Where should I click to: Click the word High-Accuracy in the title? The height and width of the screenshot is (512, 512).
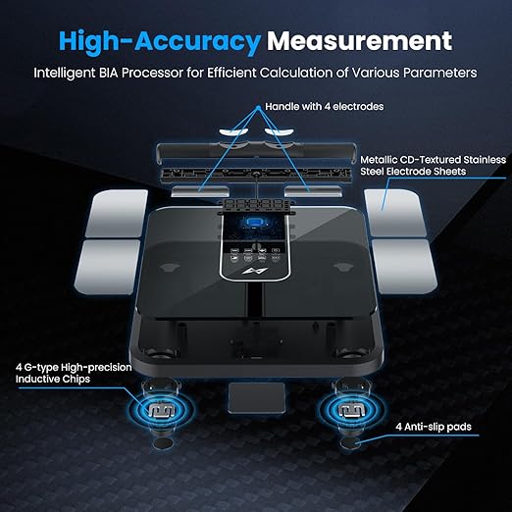click(x=160, y=41)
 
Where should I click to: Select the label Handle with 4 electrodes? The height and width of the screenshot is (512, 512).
click(x=324, y=107)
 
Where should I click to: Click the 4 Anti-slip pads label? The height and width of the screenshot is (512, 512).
click(x=434, y=427)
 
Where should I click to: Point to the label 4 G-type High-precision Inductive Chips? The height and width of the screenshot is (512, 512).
click(x=74, y=373)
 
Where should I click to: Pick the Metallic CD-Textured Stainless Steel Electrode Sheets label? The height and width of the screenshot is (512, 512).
click(x=433, y=166)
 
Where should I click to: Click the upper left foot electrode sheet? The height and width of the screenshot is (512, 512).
click(x=118, y=214)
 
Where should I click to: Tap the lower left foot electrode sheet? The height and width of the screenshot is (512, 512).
click(x=108, y=267)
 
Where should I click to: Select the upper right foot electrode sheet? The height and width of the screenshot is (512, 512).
click(x=395, y=213)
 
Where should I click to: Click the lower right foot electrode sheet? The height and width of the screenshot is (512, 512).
click(x=405, y=267)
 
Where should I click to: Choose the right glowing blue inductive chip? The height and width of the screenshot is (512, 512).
click(x=351, y=410)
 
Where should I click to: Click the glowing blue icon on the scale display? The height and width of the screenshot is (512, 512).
click(x=255, y=222)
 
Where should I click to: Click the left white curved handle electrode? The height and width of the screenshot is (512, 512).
click(x=232, y=131)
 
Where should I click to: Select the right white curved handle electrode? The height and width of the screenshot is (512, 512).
click(x=280, y=131)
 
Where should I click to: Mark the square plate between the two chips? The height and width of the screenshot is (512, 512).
click(x=256, y=398)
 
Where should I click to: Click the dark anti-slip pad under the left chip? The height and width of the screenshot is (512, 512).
click(x=163, y=443)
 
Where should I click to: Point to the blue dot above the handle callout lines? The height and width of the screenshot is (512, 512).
click(x=258, y=107)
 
